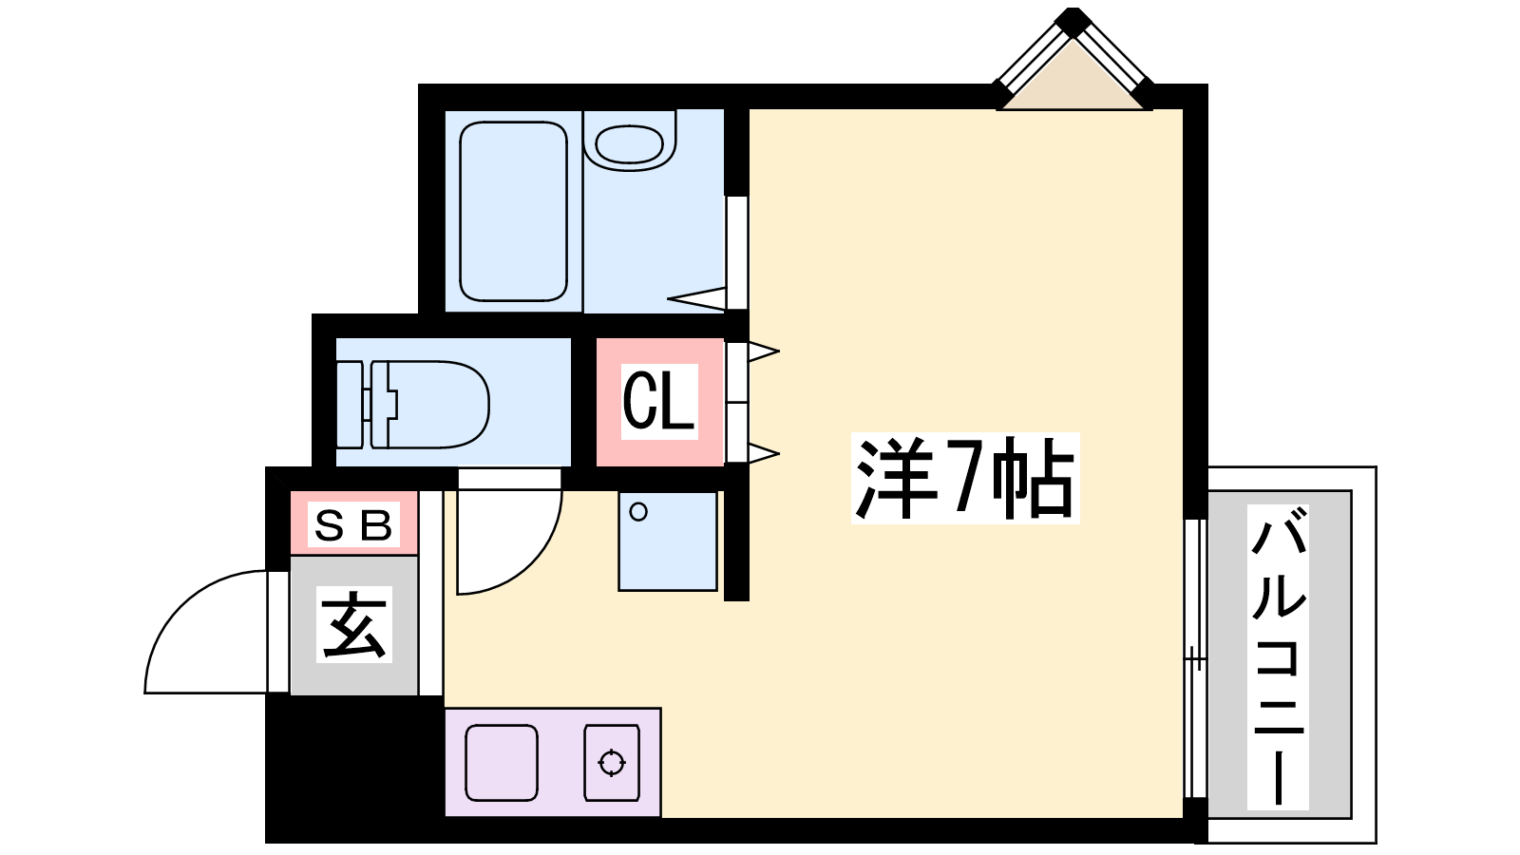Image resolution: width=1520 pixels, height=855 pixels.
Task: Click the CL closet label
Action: click(659, 401)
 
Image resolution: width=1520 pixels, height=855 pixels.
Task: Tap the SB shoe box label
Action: click(353, 525)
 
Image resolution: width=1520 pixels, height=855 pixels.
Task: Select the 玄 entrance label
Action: click(353, 623)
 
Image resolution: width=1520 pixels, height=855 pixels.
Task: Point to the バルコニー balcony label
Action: click(1278, 656)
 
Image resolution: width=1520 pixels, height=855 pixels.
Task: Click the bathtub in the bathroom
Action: click(513, 211)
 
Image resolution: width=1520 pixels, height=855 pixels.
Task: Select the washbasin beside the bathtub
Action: click(629, 143)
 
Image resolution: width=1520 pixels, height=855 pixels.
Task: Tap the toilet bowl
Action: click(431, 405)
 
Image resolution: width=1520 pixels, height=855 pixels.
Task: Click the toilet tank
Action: click(351, 405)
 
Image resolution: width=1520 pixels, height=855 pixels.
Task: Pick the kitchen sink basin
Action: click(502, 763)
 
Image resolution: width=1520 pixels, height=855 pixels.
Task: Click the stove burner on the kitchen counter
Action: click(612, 763)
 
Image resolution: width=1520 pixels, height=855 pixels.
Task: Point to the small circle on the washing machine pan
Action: click(637, 512)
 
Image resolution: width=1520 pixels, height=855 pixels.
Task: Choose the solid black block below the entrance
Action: click(353, 769)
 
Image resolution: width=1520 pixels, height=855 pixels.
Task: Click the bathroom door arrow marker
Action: click(696, 298)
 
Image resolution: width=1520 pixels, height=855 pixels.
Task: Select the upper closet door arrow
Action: click(764, 351)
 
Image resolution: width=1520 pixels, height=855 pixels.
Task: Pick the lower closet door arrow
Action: click(764, 452)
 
